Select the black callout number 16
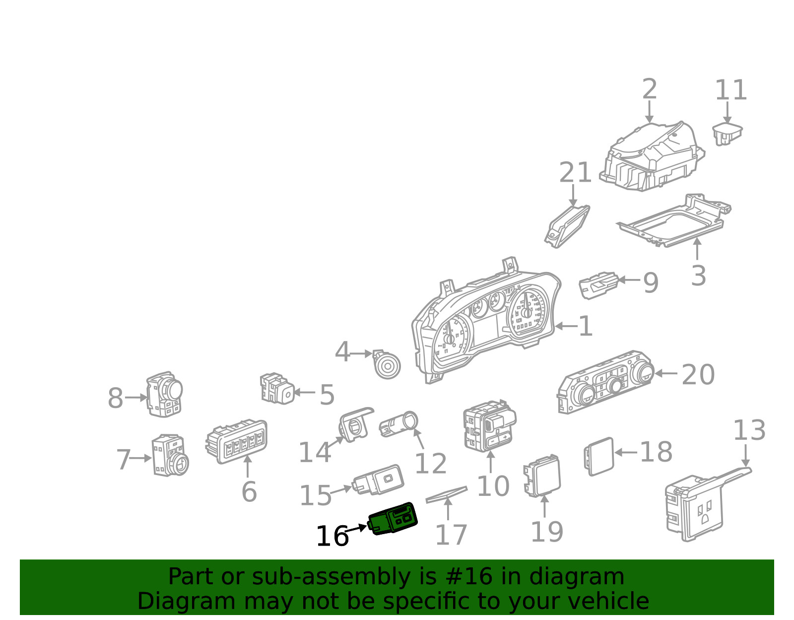point(332,537)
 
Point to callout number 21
point(575,172)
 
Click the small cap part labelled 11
point(727,133)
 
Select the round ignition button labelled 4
point(387,365)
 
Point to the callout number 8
point(115,398)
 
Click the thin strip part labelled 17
point(446,494)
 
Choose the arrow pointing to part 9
point(629,280)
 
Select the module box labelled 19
point(542,476)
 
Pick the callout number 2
point(649,89)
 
